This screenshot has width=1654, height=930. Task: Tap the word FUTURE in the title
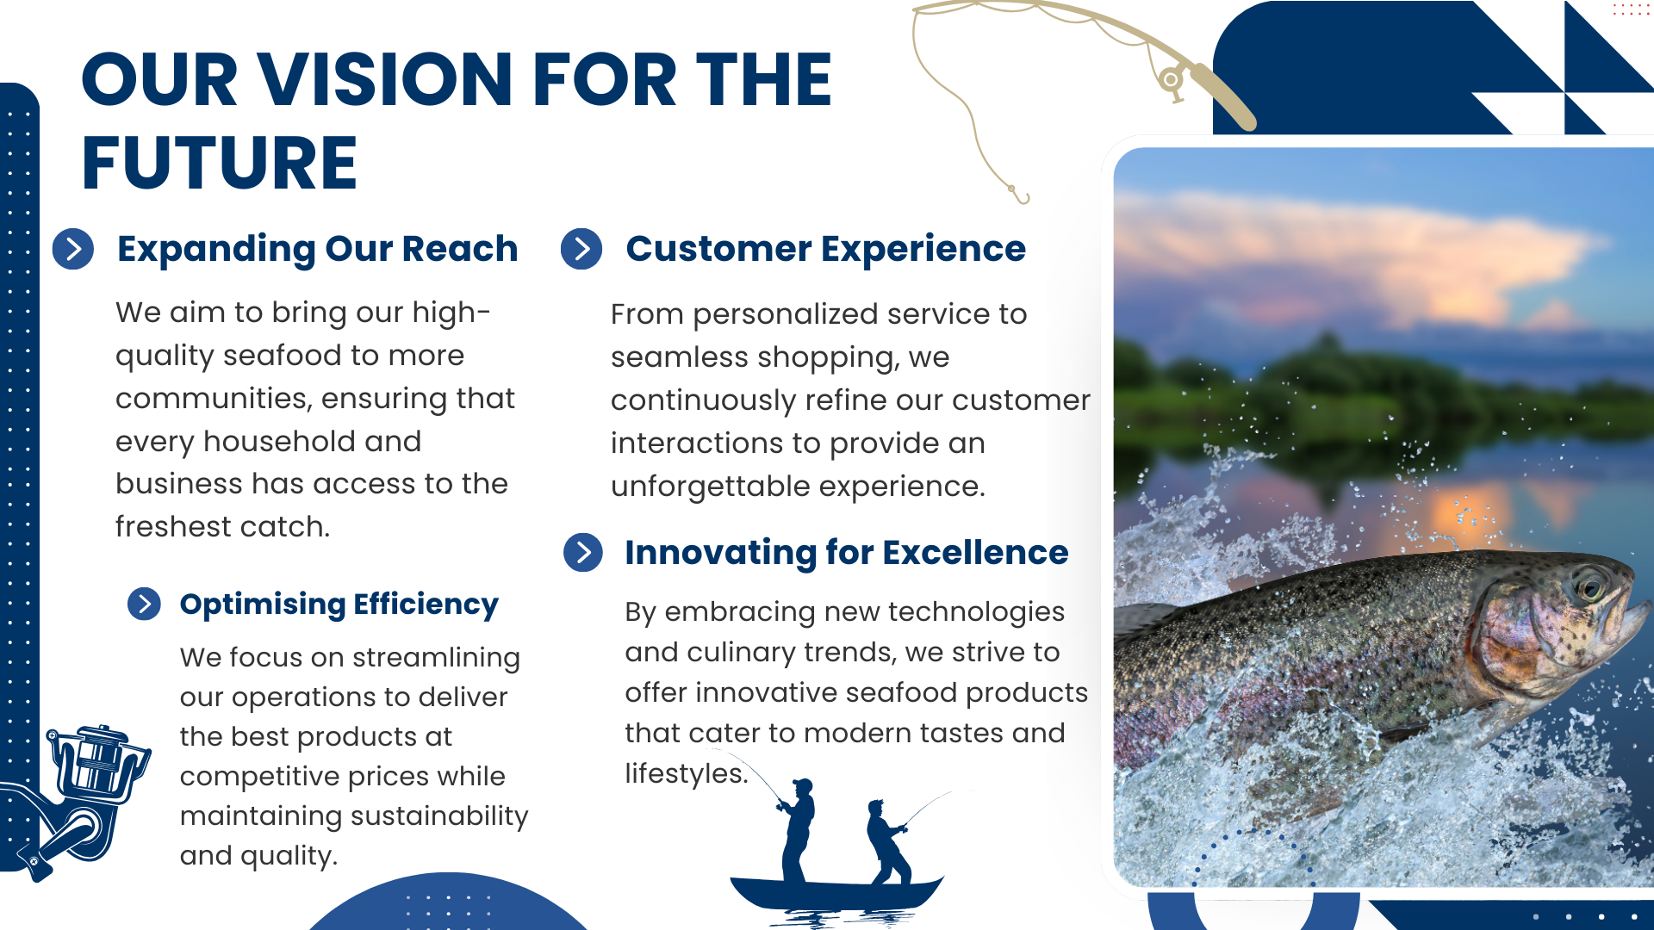(219, 163)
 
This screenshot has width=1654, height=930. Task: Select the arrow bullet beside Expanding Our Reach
(73, 249)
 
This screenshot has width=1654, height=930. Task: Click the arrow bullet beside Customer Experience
(581, 249)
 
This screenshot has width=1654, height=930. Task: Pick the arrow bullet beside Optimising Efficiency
(144, 604)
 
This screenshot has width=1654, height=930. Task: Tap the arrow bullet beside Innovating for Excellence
(583, 552)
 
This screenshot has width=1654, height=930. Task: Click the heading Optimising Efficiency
(339, 604)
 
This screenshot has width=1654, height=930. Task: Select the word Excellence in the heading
(975, 552)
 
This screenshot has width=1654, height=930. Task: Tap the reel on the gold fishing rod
(1172, 82)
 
